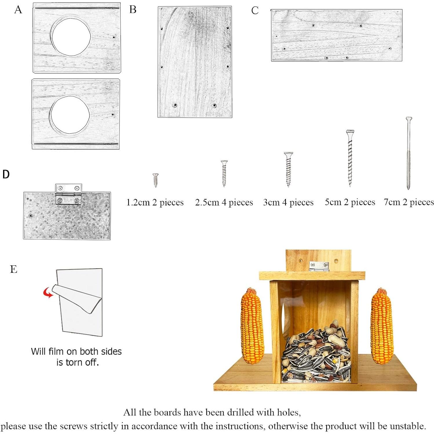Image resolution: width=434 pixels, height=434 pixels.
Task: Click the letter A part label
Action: click(18, 10)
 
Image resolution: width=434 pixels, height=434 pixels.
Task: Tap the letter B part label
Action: click(133, 10)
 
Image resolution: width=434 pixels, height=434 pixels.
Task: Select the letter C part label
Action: click(255, 10)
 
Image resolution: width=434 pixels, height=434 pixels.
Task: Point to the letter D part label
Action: click(6, 174)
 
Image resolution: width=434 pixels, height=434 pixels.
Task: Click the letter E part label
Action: click(14, 269)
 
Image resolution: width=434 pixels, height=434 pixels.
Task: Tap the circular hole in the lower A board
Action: click(70, 115)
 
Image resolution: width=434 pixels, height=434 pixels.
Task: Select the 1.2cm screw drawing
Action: click(156, 180)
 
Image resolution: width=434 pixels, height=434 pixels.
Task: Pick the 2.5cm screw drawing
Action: click(224, 173)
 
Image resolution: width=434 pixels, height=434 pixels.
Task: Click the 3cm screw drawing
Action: click(288, 169)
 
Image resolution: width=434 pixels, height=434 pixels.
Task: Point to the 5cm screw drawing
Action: click(350, 158)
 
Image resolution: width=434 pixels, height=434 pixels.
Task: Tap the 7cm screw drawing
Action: click(409, 153)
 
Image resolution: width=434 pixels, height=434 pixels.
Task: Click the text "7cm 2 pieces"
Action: click(409, 202)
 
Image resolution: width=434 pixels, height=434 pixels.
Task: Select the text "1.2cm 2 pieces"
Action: click(155, 202)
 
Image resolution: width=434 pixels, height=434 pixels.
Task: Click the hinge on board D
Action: click(68, 194)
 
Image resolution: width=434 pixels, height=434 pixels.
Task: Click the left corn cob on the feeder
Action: click(252, 326)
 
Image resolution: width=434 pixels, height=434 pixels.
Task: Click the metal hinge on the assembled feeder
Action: click(319, 266)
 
